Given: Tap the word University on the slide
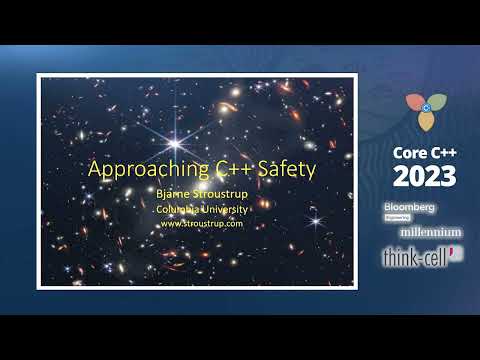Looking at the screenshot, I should coord(225,209).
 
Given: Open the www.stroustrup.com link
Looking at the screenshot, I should coord(202,223).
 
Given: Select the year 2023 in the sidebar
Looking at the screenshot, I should coord(424,176).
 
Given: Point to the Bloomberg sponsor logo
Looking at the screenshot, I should coord(409,206).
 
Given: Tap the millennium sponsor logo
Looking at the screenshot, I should coord(424,231).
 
